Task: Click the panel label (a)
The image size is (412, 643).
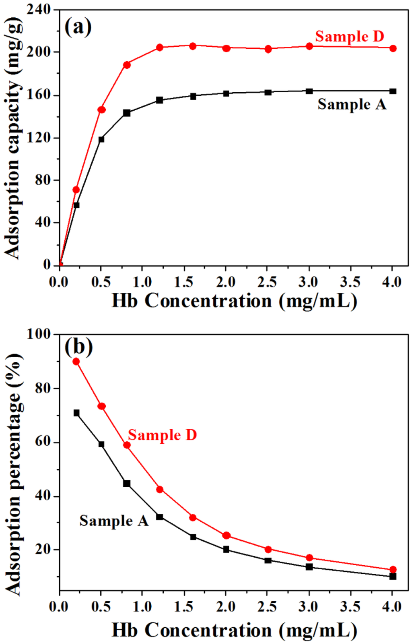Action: tap(78, 27)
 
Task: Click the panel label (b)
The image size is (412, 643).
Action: tap(78, 347)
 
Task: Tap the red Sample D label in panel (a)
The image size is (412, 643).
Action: tap(349, 37)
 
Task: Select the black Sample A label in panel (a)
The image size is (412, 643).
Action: tap(352, 105)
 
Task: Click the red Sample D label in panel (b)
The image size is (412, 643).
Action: tap(162, 435)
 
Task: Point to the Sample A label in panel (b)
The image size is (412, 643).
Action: tap(114, 521)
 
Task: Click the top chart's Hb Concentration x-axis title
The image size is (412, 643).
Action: tap(234, 301)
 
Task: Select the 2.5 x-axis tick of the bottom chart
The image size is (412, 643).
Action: tap(267, 606)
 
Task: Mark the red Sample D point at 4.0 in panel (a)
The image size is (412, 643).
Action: tap(393, 48)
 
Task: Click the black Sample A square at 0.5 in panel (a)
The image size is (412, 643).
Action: tap(101, 139)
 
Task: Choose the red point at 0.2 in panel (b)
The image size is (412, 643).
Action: tap(76, 362)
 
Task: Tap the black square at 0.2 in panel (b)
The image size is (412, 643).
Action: tap(76, 413)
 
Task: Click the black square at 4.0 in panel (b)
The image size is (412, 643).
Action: tap(393, 577)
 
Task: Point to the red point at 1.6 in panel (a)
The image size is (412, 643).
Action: tap(193, 46)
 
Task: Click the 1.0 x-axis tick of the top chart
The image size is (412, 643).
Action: tap(142, 282)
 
